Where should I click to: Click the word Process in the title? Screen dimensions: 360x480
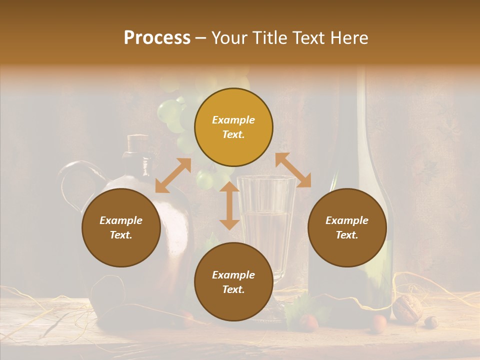pyautogui.click(x=157, y=38)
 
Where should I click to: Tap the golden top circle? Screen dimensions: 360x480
pyautogui.click(x=233, y=127)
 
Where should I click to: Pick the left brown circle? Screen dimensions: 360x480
pyautogui.click(x=121, y=227)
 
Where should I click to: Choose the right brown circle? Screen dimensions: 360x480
pyautogui.click(x=347, y=227)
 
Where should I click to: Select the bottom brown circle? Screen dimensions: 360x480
pyautogui.click(x=233, y=282)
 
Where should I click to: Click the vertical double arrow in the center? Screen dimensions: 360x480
pyautogui.click(x=229, y=206)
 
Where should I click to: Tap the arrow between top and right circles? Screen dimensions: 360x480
pyautogui.click(x=293, y=170)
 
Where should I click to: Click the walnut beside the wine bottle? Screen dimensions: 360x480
pyautogui.click(x=407, y=306)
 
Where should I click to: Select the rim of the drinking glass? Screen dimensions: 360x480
pyautogui.click(x=265, y=178)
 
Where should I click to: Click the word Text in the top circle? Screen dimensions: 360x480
pyautogui.click(x=233, y=135)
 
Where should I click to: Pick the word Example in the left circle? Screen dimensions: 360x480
pyautogui.click(x=121, y=220)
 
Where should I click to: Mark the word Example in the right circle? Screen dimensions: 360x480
pyautogui.click(x=347, y=220)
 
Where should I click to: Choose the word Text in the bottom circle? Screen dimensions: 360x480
pyautogui.click(x=233, y=289)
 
